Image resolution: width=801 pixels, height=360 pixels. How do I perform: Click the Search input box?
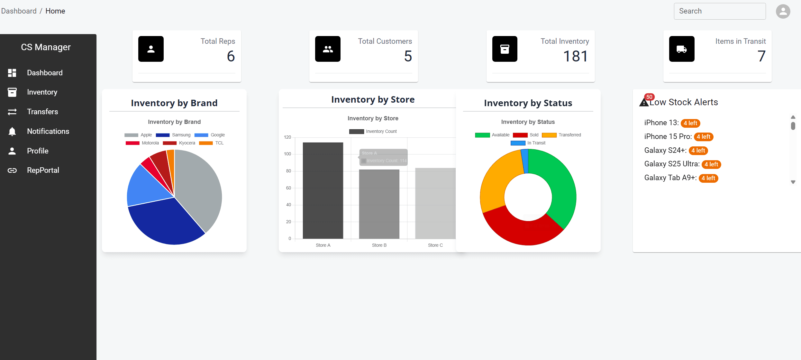[x=719, y=11]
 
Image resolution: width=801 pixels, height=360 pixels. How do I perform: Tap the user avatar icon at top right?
[x=783, y=12]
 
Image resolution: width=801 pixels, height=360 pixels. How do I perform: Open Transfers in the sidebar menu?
[x=42, y=112]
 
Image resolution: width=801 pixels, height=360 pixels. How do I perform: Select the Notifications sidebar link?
[x=48, y=131]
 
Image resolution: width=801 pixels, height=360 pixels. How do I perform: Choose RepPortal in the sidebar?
[x=43, y=170]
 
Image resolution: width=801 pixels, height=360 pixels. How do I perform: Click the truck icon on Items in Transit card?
[x=681, y=49]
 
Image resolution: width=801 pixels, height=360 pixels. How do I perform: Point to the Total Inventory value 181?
[x=575, y=56]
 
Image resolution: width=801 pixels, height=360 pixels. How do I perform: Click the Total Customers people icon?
[x=328, y=49]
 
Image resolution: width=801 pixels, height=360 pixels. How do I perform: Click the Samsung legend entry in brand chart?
[x=173, y=135]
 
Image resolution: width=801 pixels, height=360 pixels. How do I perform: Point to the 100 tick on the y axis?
[x=287, y=154]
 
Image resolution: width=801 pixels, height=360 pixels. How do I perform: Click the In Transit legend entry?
[x=528, y=143]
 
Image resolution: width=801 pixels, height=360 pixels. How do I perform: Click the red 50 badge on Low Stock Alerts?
[x=649, y=97]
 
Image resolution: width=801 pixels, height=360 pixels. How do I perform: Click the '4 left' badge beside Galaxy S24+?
[x=698, y=151]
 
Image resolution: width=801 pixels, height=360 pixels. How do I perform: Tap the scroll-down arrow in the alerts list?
[x=793, y=182]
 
